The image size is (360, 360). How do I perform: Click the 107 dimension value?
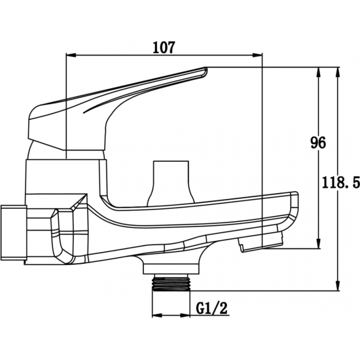(x=164, y=47)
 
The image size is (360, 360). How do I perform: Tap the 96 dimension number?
(x=318, y=143)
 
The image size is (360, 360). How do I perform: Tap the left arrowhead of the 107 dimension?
(x=71, y=55)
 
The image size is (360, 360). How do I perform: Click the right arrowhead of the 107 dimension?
(x=257, y=55)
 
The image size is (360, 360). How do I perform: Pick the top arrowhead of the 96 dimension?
(x=319, y=72)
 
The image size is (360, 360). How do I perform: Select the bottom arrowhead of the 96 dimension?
(x=319, y=243)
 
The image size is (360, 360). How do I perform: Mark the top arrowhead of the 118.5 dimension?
(x=337, y=72)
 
